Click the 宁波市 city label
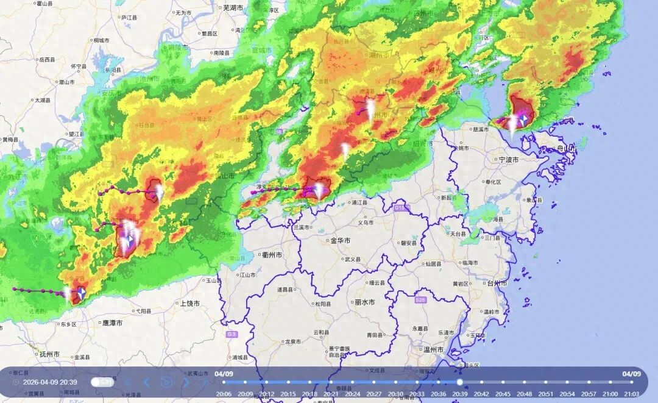(508, 160)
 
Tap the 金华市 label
(340, 241)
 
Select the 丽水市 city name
(364, 302)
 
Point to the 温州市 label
(434, 350)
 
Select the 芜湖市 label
(233, 7)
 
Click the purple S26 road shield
(420, 301)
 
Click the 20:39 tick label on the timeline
(459, 394)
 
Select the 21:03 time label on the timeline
(631, 394)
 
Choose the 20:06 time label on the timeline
(224, 394)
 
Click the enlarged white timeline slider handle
(459, 382)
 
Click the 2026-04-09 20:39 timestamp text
(50, 382)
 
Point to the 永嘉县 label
(422, 329)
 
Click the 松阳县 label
(323, 304)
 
